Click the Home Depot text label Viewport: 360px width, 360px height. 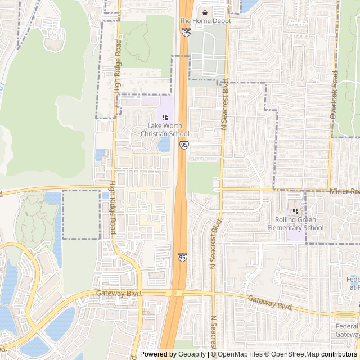point(205,21)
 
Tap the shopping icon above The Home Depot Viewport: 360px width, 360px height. point(205,12)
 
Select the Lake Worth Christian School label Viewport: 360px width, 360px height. point(164,129)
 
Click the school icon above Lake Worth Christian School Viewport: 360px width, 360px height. point(165,116)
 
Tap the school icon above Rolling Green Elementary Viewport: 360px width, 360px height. point(295,211)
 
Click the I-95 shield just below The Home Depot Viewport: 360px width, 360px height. point(186,33)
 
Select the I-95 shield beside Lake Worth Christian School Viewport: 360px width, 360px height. point(184,145)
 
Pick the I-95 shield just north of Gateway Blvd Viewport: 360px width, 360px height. point(182,257)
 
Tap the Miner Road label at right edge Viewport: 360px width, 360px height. point(344,192)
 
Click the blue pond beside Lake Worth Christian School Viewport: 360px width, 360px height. point(164,145)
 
